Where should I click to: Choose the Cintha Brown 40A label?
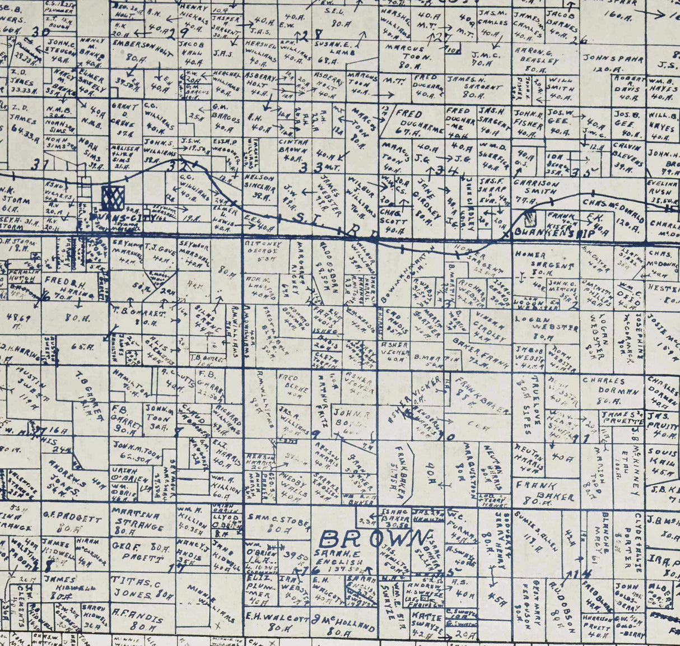292,150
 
